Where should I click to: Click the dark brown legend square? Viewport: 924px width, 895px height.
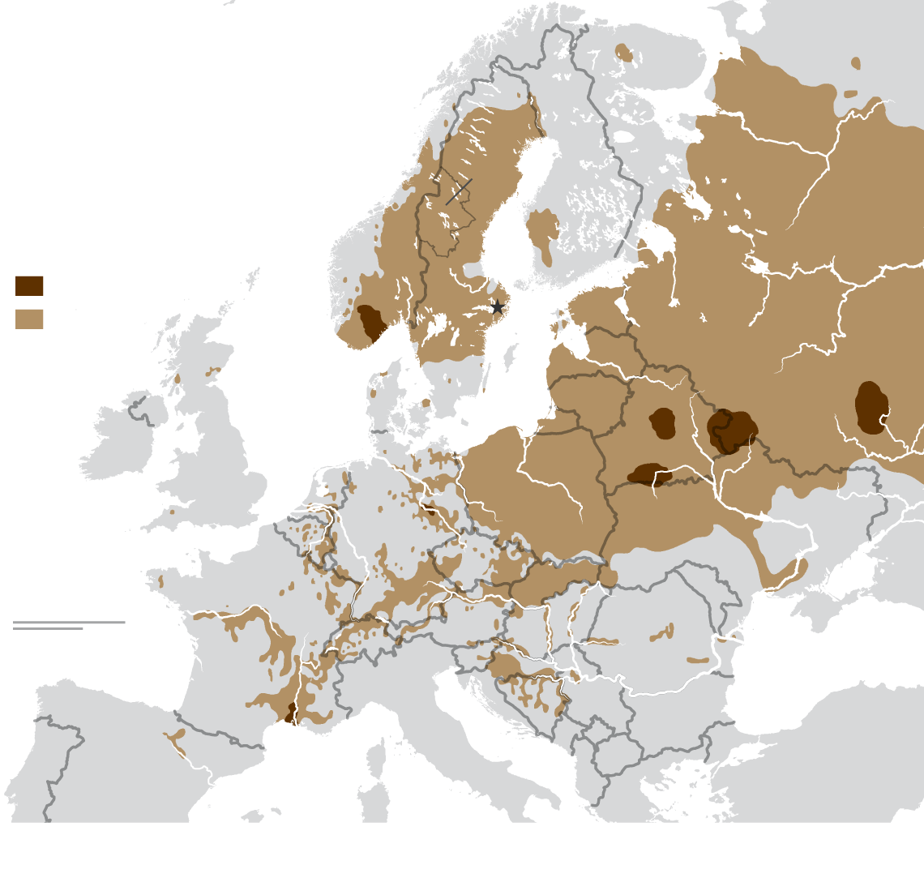(x=29, y=286)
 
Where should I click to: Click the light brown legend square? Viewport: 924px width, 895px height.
(x=29, y=319)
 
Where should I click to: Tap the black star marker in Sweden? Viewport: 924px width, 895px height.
(x=498, y=307)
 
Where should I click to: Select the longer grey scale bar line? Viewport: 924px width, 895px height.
(x=69, y=623)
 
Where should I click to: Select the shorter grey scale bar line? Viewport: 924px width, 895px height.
(x=48, y=628)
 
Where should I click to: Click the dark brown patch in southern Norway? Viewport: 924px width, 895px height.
(x=371, y=323)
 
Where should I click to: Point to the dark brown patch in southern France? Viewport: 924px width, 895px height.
(x=290, y=713)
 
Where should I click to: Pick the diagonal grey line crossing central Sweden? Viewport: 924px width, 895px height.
(x=459, y=191)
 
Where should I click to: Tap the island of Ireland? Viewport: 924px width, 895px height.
(x=122, y=438)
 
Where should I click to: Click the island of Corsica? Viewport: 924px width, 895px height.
(x=374, y=757)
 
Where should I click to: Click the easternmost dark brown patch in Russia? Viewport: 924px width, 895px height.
(x=871, y=408)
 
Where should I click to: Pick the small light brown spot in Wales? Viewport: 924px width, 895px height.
(x=172, y=512)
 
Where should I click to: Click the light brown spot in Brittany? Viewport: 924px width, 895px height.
(x=160, y=581)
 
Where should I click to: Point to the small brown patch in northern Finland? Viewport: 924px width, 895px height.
(x=623, y=53)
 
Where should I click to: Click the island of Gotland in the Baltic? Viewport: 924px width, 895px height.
(x=511, y=354)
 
